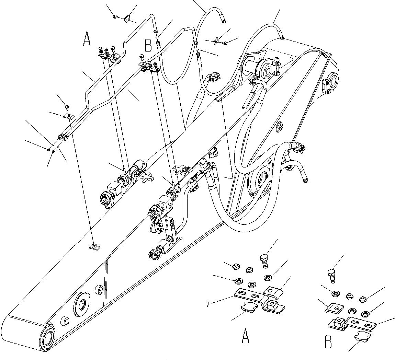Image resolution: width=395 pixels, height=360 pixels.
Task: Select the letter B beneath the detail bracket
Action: [x=328, y=343]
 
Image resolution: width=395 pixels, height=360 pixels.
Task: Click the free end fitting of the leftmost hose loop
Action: [x=224, y=22]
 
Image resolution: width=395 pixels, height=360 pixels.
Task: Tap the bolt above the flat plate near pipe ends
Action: [x=67, y=106]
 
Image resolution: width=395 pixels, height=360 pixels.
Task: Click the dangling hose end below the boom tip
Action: [x=305, y=179]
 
